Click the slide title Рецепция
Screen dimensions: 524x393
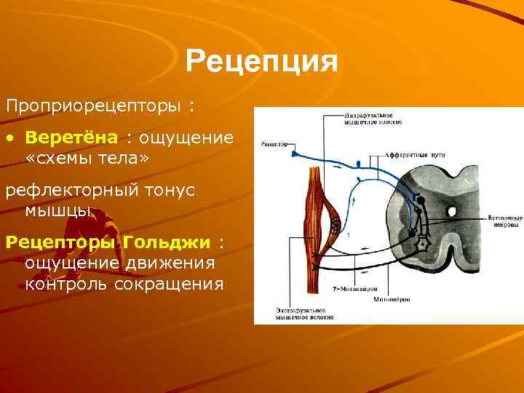coord(262,61)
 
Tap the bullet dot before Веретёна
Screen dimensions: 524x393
coord(9,138)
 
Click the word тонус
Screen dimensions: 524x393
coord(170,191)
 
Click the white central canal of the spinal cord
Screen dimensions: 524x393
coord(451,211)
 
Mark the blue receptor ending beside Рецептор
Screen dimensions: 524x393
coord(294,153)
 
